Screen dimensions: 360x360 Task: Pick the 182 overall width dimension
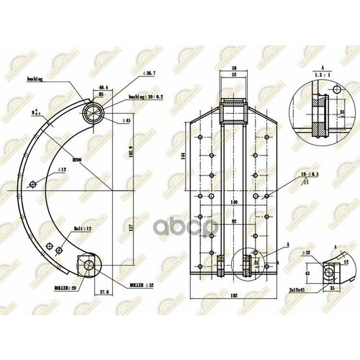pos(233,297)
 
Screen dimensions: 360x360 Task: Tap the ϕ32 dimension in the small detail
pos(308,252)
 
